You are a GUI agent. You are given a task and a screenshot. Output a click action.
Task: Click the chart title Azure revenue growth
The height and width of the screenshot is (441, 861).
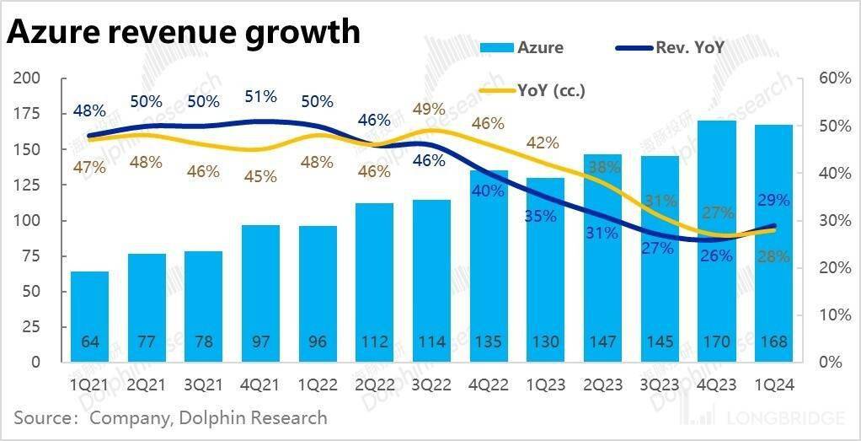[x=184, y=32]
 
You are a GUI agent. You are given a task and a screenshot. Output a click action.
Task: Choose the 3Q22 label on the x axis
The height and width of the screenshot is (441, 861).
[x=430, y=385]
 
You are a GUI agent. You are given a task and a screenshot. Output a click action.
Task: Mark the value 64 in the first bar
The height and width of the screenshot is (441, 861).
[x=89, y=342]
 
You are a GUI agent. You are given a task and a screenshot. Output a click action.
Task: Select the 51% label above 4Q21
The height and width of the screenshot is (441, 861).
[x=260, y=97]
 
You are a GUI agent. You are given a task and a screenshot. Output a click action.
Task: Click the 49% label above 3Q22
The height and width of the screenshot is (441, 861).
[x=430, y=109]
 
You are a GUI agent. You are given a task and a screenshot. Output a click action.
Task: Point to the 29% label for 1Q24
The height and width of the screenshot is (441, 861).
[x=773, y=201]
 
